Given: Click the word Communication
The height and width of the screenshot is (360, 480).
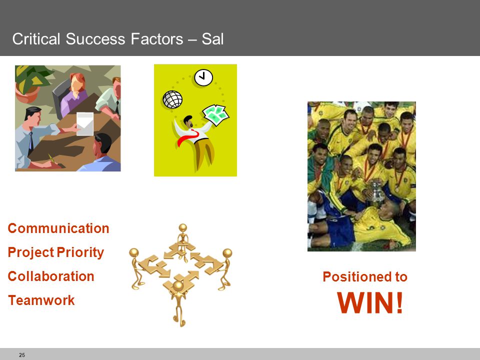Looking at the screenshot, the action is (58, 228).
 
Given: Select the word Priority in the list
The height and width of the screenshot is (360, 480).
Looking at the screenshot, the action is (80, 253).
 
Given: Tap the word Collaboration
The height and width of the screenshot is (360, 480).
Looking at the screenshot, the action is (51, 276).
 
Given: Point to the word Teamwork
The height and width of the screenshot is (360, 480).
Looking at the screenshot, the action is (41, 300).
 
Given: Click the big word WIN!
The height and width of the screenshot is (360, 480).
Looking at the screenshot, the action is (370, 303).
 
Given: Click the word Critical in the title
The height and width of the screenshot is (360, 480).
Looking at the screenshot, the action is (36, 39).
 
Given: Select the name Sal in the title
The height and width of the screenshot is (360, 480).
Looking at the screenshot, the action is (212, 39).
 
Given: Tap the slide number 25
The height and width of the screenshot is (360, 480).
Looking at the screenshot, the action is (22, 355).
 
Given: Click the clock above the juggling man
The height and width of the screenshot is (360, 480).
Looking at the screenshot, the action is (203, 78).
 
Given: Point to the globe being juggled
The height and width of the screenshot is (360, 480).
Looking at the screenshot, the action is (172, 99).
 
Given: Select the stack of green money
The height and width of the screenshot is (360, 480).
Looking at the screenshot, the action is (216, 115).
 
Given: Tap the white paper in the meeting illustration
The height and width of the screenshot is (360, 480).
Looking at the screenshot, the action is (85, 123).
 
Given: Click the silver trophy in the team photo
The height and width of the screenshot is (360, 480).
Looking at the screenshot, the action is (377, 191).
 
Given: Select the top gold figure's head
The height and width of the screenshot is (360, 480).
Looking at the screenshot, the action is (183, 228).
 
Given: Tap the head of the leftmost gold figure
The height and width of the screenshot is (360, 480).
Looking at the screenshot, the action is (134, 252).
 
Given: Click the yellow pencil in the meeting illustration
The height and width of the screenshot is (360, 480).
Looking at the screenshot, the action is (51, 159).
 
